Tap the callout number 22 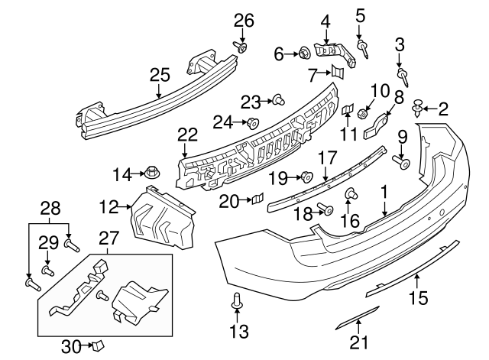pyautogui.click(x=186, y=135)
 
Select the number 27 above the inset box pyautogui.click(x=107, y=238)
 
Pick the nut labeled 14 pyautogui.click(x=151, y=174)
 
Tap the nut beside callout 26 pyautogui.click(x=243, y=47)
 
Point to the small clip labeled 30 pyautogui.click(x=96, y=346)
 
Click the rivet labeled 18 pyautogui.click(x=326, y=210)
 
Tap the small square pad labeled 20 pyautogui.click(x=257, y=200)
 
